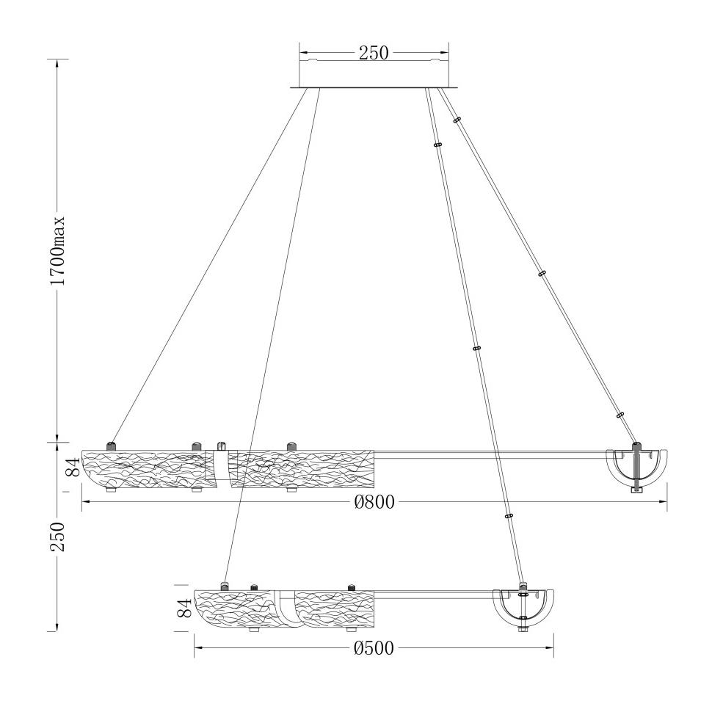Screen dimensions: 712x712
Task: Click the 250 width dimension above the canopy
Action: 374,53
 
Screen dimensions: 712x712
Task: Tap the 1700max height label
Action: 58,250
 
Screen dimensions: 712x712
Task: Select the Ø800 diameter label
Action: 374,502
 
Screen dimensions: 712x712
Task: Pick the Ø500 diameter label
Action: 374,648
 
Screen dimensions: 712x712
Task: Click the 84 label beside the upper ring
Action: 73,466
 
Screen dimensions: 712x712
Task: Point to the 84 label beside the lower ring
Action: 184,608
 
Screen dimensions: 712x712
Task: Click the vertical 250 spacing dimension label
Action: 58,537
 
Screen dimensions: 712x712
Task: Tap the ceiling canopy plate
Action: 374,87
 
